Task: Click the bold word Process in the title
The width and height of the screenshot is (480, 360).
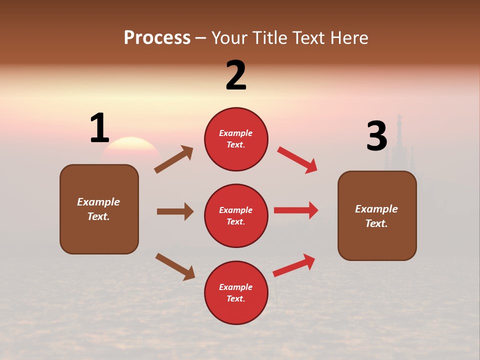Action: [157, 38]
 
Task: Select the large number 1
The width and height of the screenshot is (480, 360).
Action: [99, 128]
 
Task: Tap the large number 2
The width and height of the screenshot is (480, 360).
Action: [236, 75]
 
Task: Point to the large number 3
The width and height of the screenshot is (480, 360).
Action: [376, 136]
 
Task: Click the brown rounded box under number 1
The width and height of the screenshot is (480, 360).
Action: [99, 209]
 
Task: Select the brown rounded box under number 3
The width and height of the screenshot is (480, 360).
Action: [377, 215]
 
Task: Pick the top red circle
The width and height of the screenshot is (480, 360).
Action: [236, 139]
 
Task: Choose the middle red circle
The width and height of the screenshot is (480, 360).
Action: [236, 215]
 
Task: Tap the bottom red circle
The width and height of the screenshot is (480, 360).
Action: [236, 292]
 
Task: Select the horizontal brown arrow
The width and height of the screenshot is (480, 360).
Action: [175, 211]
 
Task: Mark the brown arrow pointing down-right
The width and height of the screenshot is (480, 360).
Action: [175, 266]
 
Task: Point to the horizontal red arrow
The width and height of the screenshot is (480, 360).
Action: [296, 210]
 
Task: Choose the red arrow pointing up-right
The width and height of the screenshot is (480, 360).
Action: [294, 265]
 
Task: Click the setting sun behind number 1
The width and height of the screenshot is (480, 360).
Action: [131, 147]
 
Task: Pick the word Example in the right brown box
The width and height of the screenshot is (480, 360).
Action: [376, 209]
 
